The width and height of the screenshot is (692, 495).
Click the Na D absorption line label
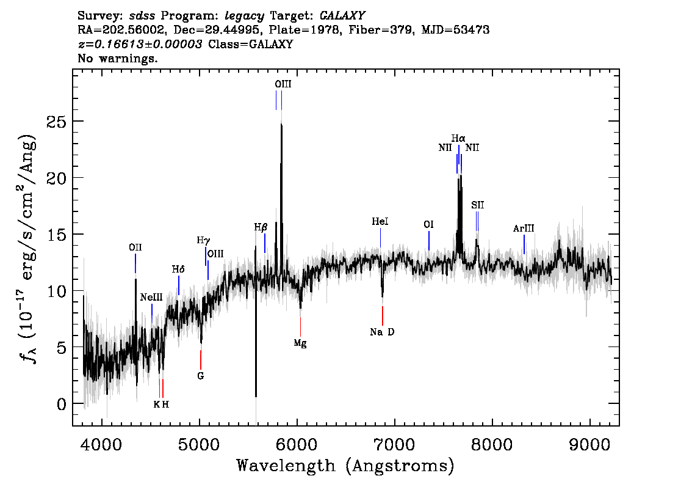pos(382,332)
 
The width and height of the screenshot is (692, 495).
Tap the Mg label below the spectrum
pos(300,343)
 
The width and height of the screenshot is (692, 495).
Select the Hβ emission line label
pos(261,227)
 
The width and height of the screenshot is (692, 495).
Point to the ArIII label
pos(524,229)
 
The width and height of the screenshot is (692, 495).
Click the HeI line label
pos(380,221)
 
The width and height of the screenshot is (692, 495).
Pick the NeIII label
pos(151,298)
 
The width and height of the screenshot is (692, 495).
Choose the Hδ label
pos(178,269)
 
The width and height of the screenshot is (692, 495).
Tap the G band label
pos(201,376)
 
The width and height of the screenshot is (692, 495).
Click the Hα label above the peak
pos(458,139)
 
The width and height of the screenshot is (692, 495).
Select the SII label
pos(478,205)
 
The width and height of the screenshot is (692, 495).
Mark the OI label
pos(428,224)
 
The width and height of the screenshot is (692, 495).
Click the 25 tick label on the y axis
pos(56,122)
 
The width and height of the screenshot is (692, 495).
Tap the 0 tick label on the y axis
pos(62,405)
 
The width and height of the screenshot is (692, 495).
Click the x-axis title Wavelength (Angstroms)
pos(345,466)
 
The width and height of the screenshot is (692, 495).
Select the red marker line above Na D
pos(383,315)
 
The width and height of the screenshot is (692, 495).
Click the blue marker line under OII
pos(135,263)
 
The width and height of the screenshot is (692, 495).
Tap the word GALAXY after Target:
pos(342,16)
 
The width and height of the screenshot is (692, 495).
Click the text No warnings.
pos(117,58)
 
